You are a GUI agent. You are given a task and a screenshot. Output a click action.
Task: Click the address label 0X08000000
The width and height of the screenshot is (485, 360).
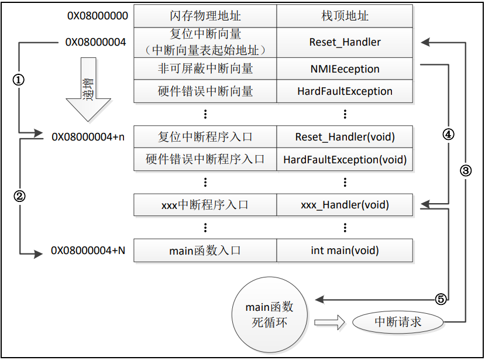coord(97,16)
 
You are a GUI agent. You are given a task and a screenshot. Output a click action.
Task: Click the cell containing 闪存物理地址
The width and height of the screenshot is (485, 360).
coord(205,16)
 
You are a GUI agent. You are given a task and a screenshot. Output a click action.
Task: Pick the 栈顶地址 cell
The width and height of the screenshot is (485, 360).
coord(345,16)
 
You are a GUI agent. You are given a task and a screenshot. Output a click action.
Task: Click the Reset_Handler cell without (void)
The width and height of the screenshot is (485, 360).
coord(345,42)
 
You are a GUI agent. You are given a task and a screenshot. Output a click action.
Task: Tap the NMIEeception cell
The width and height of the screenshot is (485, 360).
coord(345,69)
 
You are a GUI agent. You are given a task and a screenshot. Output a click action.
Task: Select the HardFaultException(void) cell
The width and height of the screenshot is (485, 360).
coord(345,159)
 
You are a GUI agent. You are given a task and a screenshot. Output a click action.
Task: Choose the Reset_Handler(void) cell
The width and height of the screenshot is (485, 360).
coord(345,138)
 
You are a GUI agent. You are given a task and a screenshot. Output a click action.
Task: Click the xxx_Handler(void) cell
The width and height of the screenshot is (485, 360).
coord(345,205)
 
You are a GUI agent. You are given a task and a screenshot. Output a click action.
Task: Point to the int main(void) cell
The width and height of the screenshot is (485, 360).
coord(345,251)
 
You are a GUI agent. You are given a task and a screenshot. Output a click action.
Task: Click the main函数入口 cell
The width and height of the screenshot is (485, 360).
coord(205,251)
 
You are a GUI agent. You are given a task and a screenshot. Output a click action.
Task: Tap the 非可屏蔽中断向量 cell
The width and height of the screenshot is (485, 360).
coord(205,69)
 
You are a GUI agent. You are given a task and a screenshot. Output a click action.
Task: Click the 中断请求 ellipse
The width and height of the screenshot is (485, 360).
coord(398,322)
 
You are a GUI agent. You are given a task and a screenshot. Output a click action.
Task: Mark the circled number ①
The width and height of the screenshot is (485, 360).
coord(19,81)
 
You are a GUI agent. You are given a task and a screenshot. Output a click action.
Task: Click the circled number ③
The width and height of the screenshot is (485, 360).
coord(466,171)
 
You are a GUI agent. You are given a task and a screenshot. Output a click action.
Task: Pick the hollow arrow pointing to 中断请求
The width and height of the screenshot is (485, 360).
coord(330,322)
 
